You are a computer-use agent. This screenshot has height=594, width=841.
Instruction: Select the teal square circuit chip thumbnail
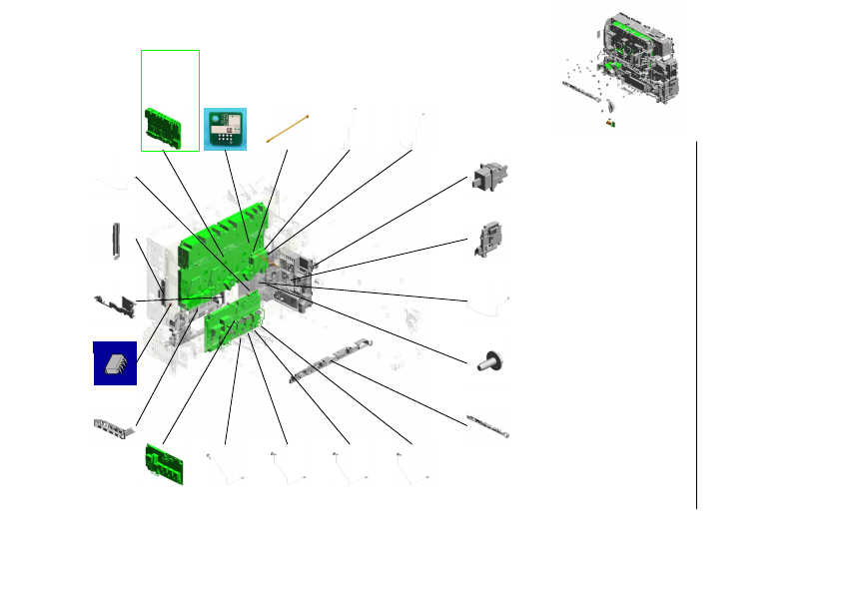225,129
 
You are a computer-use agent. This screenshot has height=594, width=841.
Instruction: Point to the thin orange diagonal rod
288,129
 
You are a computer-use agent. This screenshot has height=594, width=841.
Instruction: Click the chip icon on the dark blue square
116,363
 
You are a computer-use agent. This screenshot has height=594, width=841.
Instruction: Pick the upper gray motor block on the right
488,181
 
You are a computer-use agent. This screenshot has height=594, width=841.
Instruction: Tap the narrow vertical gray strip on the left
117,241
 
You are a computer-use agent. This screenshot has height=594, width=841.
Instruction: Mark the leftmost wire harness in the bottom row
225,465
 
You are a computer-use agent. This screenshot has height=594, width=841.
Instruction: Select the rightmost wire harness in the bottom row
413,465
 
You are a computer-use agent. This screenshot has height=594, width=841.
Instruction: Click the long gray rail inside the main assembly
330,359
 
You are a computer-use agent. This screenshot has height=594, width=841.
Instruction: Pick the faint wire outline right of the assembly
488,303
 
